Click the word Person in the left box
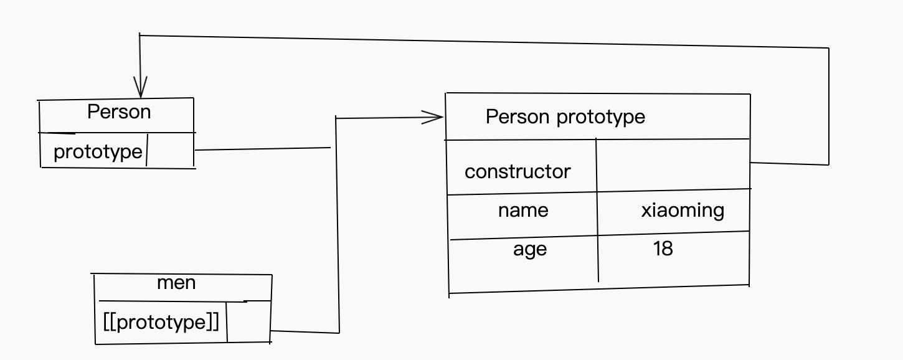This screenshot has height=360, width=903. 119,112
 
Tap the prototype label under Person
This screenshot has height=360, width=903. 98,151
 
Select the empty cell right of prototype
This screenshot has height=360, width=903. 170,151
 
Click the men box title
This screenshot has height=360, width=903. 176,283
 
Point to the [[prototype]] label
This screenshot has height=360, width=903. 161,322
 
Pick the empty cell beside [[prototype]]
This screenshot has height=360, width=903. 248,323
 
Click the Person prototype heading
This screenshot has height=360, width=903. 565,116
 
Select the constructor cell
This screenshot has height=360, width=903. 518,171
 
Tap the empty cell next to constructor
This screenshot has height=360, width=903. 673,166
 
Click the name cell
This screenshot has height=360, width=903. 523,210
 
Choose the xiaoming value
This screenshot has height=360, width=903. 683,210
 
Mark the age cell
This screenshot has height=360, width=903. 530,249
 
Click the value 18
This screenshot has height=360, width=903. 663,249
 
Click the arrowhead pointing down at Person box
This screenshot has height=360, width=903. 141,87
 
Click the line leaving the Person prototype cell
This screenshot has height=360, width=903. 262,149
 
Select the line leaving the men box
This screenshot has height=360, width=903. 305,332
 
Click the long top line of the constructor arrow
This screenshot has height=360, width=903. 486,42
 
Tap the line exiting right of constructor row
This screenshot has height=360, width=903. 790,163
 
